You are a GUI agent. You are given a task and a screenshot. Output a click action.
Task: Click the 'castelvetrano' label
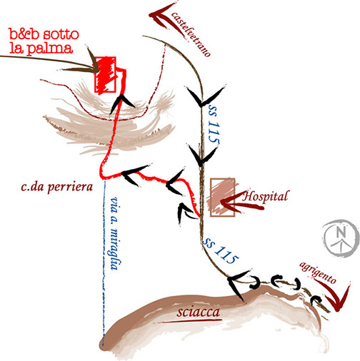[x=191, y=34]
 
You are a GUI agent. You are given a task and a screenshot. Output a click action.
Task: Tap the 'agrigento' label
[x=318, y=273]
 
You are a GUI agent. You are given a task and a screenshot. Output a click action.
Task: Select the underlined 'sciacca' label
[x=198, y=312]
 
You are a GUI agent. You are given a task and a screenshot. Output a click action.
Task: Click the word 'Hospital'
[x=266, y=197]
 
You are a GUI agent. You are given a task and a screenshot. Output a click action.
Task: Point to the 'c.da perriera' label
[x=56, y=187]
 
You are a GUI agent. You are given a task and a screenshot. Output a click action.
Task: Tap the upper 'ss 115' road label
[x=213, y=123]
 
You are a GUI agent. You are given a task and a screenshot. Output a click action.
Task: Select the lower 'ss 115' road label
[x=221, y=250]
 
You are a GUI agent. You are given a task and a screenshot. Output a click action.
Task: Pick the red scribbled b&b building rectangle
[x=106, y=75]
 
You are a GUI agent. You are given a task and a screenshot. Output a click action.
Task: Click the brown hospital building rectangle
[x=223, y=198]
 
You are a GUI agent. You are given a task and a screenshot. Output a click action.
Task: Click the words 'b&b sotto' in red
[x=44, y=34]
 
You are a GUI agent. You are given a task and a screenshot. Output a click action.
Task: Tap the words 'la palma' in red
[x=41, y=49]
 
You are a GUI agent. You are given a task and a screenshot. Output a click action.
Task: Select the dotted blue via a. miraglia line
[x=104, y=263]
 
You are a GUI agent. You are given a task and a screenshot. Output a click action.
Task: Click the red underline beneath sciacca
[x=190, y=321]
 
